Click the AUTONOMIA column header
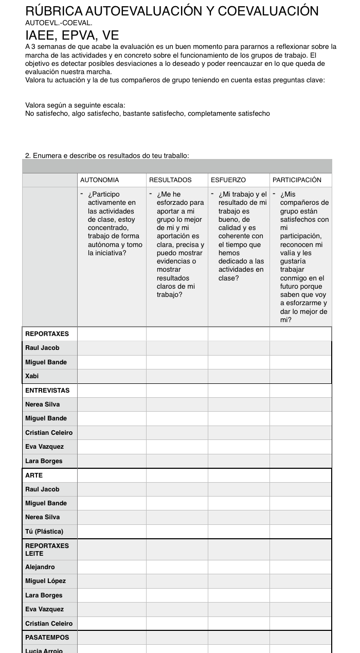point(100,180)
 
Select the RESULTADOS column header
point(170,180)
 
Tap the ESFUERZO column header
point(228,180)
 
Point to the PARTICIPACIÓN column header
point(297,180)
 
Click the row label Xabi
point(32,376)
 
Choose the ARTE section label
point(34,475)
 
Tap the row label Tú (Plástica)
point(44,532)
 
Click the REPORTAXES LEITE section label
point(47,550)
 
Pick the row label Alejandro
point(40,567)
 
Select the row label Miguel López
point(45,581)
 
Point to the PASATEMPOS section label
point(47,638)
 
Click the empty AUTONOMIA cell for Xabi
point(112,376)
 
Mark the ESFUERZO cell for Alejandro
point(239,567)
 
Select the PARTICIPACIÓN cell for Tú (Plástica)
point(300,532)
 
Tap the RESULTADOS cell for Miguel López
point(177,581)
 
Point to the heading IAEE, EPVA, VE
point(72,35)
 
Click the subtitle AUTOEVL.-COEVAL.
point(59,23)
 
